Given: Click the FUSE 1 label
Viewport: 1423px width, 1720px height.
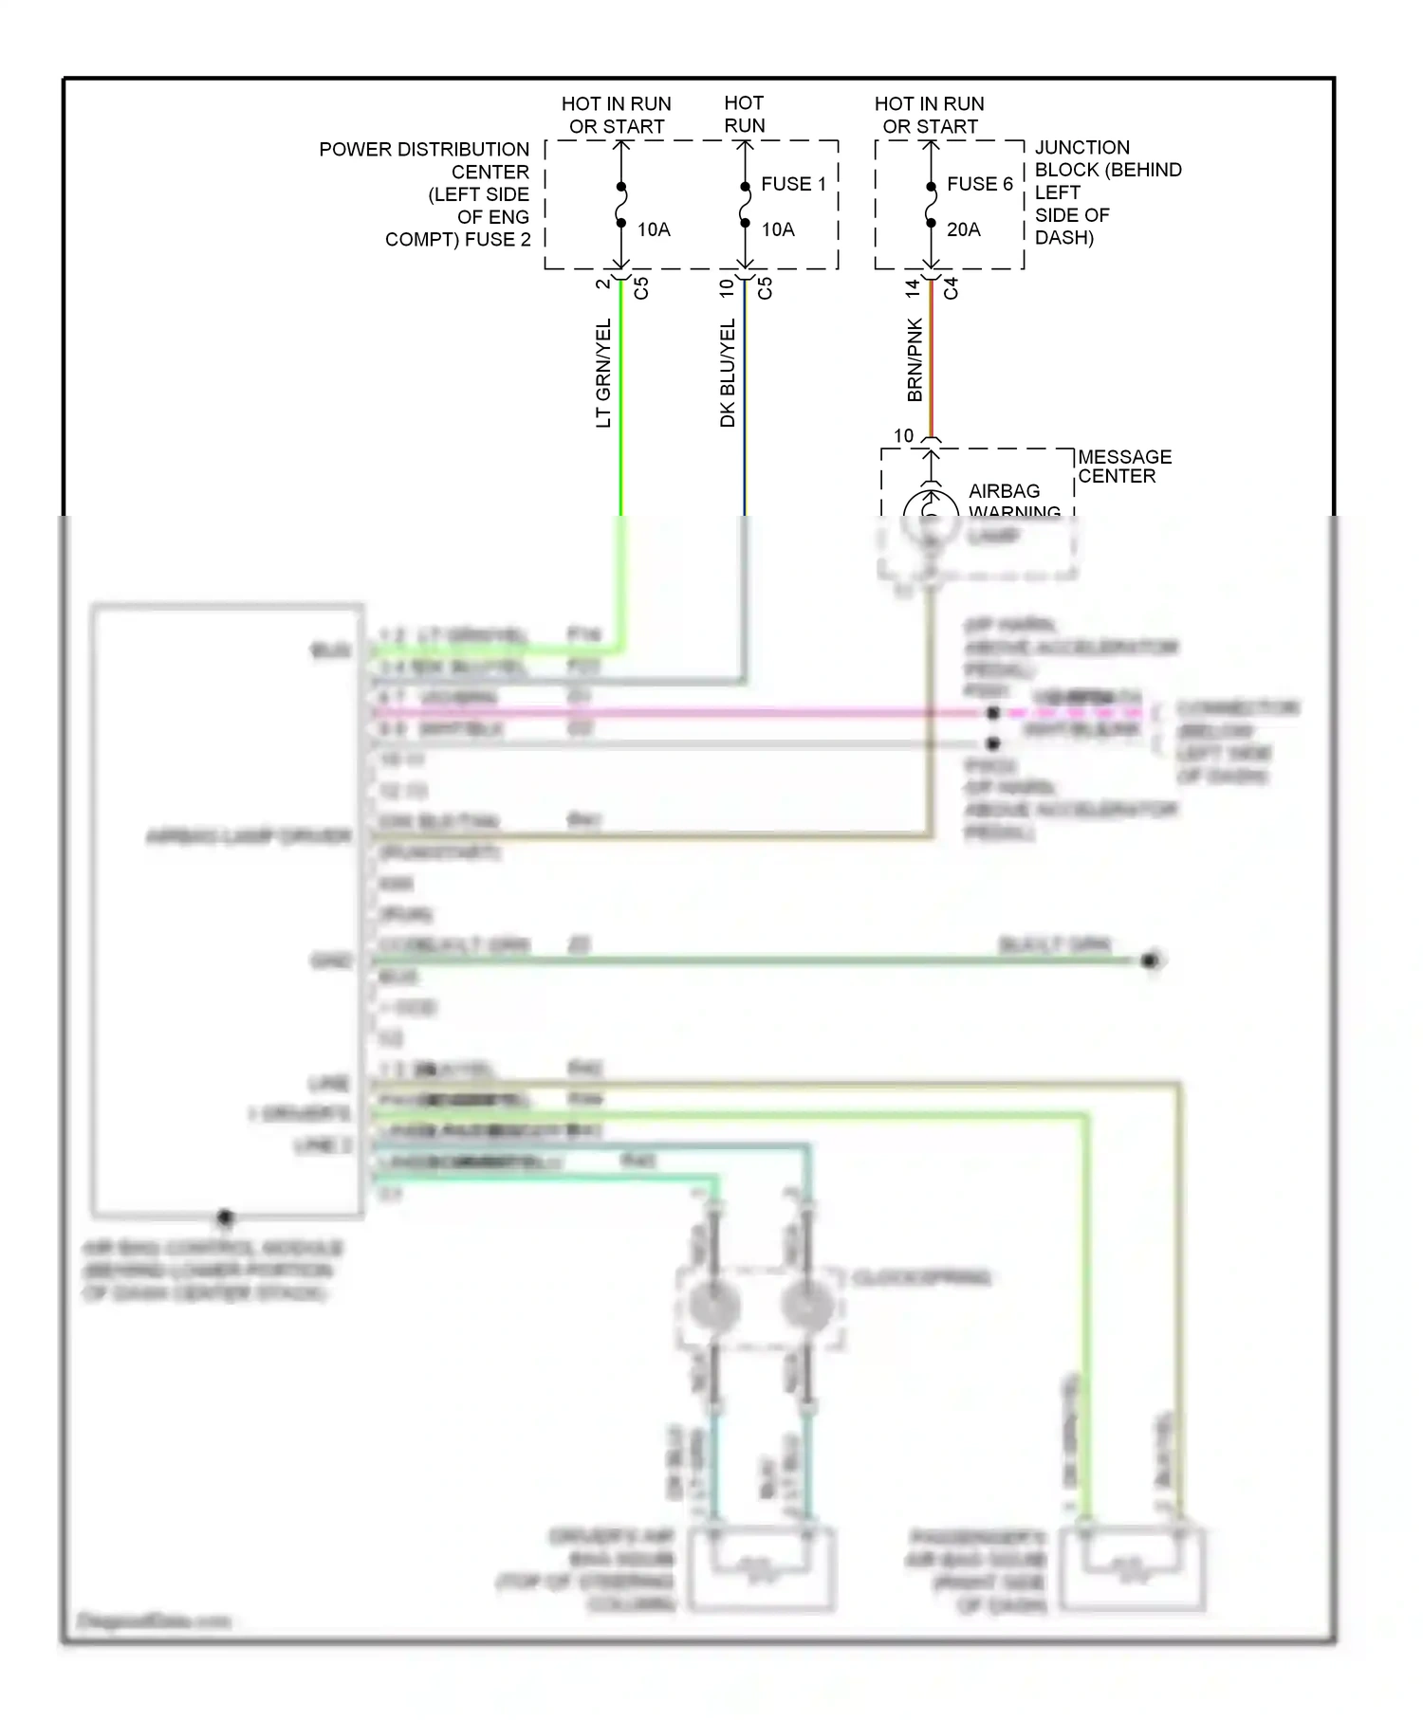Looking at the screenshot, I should click(793, 184).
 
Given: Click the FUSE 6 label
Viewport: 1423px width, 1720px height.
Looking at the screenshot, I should click(979, 184).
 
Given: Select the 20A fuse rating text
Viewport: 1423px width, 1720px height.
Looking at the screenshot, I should click(963, 229).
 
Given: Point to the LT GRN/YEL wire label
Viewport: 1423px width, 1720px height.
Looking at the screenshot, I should click(604, 373).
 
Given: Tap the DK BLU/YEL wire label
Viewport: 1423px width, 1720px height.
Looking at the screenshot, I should click(728, 373).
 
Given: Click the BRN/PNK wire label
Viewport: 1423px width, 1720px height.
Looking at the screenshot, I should click(915, 359).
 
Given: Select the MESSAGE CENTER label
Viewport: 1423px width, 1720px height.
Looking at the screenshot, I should click(1124, 467).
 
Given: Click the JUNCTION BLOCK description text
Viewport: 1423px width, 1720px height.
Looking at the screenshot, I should click(1106, 192).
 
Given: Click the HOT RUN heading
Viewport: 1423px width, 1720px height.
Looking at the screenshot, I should click(744, 114).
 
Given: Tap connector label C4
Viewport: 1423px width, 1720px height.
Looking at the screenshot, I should click(952, 288).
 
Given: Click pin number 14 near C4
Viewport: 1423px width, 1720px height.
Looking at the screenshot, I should click(913, 288).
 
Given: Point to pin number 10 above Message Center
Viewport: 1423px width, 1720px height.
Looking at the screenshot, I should click(903, 436).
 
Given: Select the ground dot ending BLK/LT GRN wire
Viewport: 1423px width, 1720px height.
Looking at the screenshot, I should click(1151, 961).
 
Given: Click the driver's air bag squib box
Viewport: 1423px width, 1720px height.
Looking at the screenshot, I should click(762, 1569).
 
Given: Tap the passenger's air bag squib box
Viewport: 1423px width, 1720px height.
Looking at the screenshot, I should click(1133, 1569).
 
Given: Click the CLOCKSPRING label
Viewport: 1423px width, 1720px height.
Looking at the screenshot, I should click(921, 1278).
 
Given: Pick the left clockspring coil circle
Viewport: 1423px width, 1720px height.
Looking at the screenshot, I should click(713, 1307).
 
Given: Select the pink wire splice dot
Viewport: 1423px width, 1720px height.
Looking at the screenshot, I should click(992, 713).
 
